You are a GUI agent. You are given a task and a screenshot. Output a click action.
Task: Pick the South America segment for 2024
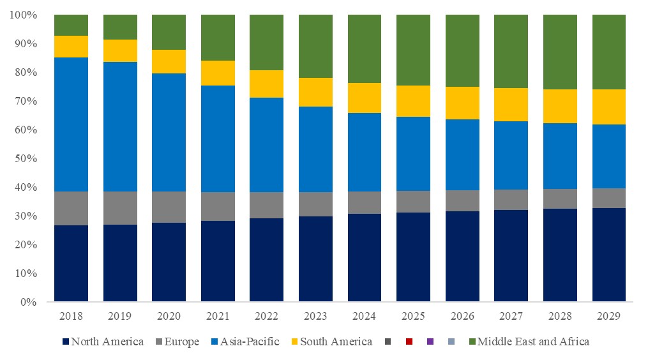click(365, 98)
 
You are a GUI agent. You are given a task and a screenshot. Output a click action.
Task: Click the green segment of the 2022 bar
click(266, 42)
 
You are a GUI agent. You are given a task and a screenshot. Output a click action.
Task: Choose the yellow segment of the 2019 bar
click(120, 50)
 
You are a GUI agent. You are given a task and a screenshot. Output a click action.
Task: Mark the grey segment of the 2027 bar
click(511, 199)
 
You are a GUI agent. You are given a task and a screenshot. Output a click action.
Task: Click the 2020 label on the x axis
click(169, 316)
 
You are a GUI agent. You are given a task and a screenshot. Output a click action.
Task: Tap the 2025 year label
click(413, 316)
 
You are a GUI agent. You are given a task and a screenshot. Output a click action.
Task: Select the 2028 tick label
click(560, 316)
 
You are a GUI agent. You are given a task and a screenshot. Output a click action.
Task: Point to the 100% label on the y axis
click(23, 15)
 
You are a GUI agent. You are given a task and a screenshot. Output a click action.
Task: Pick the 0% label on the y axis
click(28, 302)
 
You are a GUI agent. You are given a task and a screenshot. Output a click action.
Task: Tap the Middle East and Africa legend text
click(533, 341)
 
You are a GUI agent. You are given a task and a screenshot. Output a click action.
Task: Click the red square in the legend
click(409, 341)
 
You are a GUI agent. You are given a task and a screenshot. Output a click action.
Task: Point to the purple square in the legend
click(429, 341)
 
